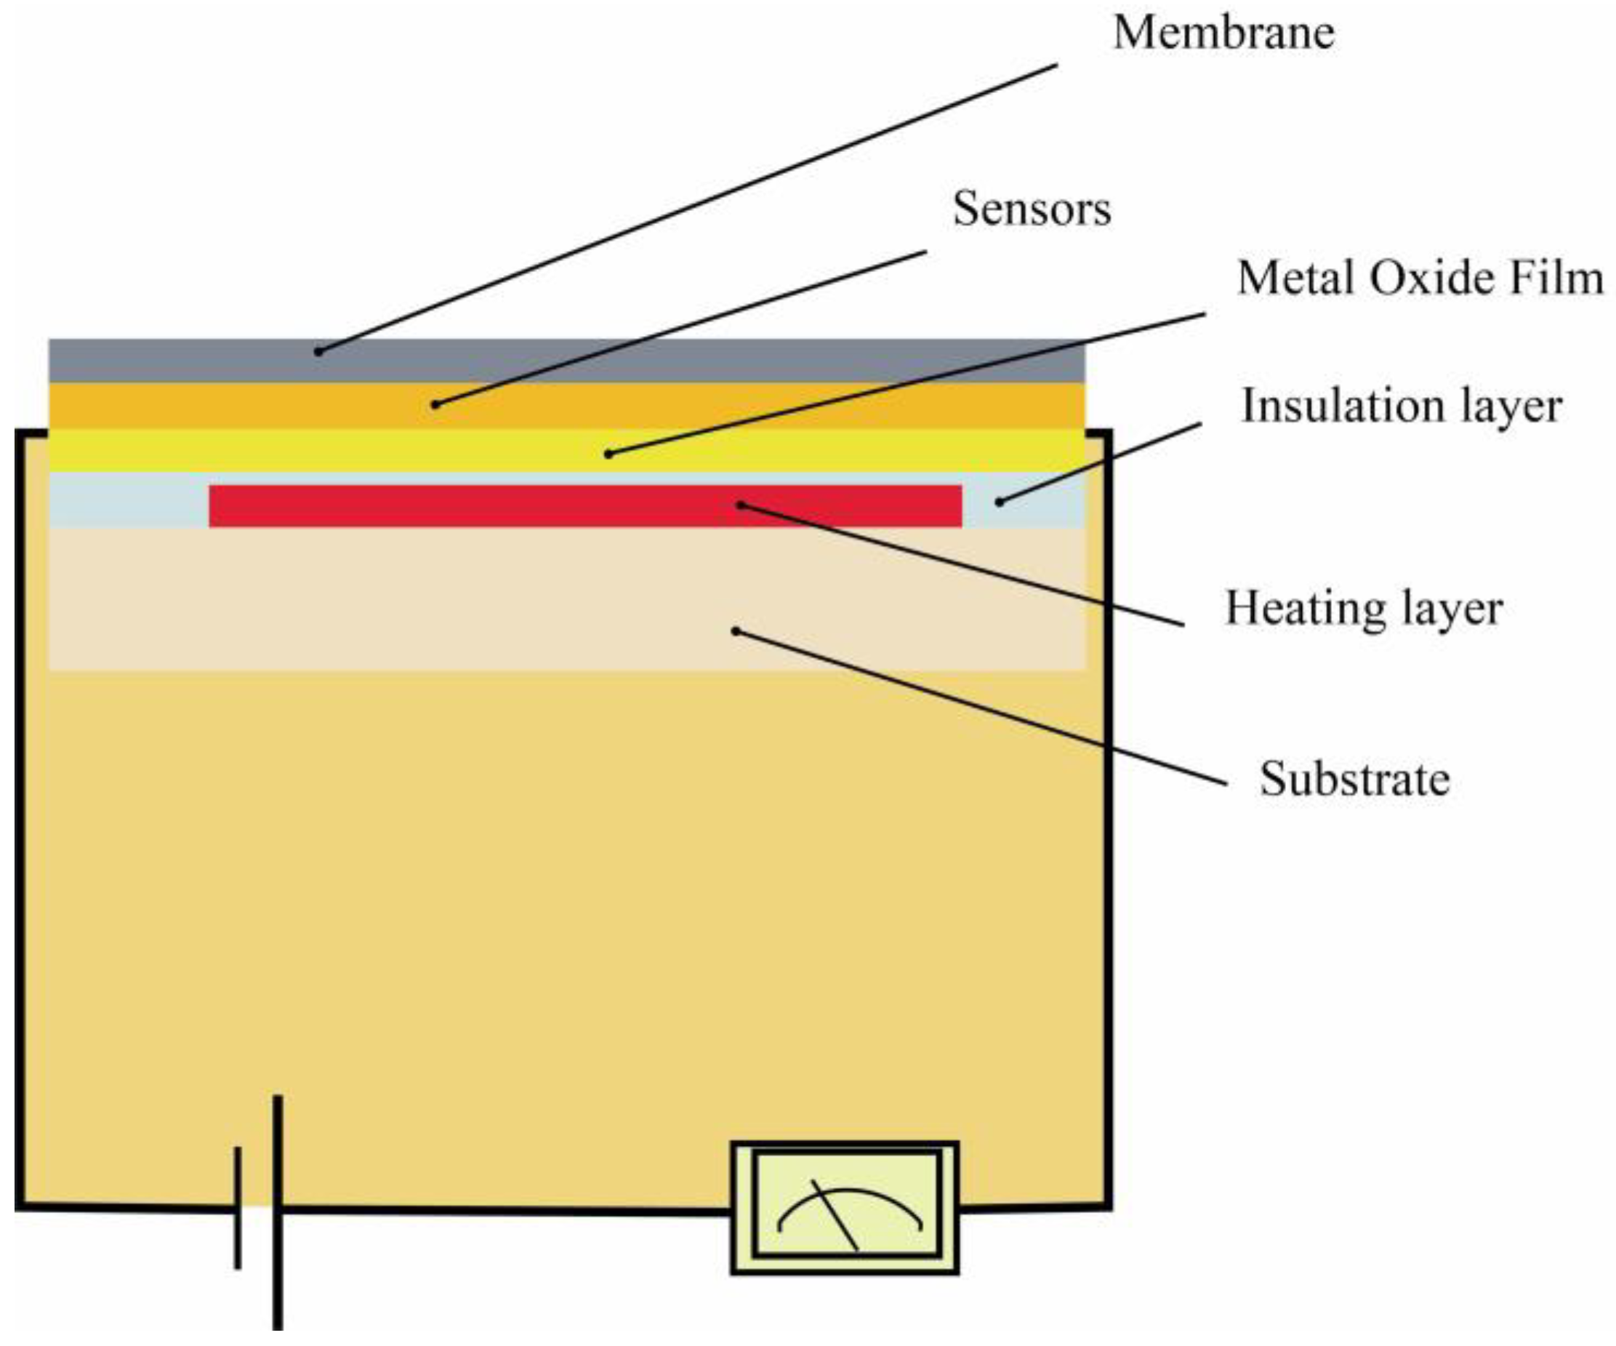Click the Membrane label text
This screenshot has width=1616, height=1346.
coord(1223,34)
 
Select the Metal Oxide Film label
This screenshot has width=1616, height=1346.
coord(1420,278)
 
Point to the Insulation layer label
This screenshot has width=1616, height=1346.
coord(1402,406)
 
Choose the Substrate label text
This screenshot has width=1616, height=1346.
coord(1354,779)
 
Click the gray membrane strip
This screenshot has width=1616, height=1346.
coord(693,360)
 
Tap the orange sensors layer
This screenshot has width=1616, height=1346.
coord(693,406)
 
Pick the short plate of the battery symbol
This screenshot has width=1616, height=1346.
coord(238,1206)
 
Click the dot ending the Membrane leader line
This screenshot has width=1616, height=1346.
coord(318,353)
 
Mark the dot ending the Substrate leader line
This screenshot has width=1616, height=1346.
coord(736,631)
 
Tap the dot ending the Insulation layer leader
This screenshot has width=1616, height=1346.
coord(999,502)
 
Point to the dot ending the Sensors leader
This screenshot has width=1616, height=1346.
coord(435,405)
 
